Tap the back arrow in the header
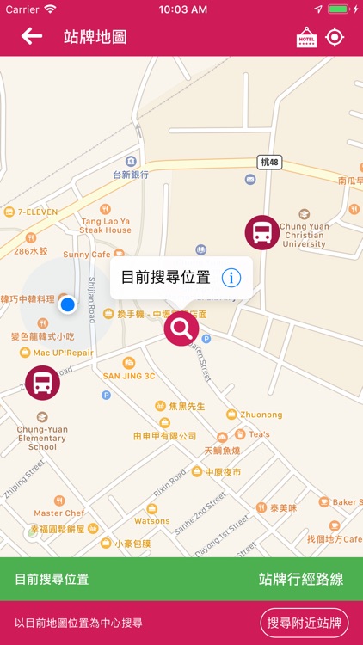click(x=32, y=36)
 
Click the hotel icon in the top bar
click(x=306, y=37)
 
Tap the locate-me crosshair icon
click(x=335, y=37)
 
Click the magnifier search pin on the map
click(x=181, y=328)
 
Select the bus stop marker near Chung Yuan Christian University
click(x=262, y=232)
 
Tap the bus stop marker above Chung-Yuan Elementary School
click(x=42, y=383)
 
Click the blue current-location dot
click(x=68, y=304)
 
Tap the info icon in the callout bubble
click(x=231, y=277)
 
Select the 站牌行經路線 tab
click(x=300, y=579)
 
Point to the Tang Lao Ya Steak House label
click(x=105, y=225)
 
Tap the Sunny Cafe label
click(x=87, y=255)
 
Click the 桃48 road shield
click(x=268, y=162)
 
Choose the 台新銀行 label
click(x=131, y=175)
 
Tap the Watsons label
click(x=151, y=520)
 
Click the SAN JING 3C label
click(x=129, y=375)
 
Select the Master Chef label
click(x=59, y=513)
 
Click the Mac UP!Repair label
click(x=64, y=353)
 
